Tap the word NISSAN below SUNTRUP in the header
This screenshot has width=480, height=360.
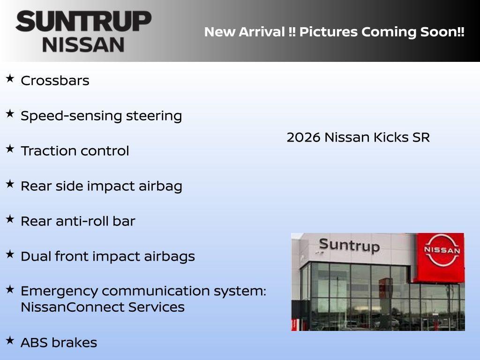[x=83, y=45]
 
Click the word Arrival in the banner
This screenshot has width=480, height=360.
[x=262, y=32]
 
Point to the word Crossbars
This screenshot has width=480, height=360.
[x=55, y=81]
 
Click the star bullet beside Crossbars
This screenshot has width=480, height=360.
[x=10, y=78]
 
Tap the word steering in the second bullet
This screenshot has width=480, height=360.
[x=154, y=116]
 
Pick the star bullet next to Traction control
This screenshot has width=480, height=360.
[x=10, y=149]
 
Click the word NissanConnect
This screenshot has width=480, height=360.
[x=72, y=307]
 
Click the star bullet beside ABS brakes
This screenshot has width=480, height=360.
[x=10, y=340]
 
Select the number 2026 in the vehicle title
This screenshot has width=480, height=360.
[x=304, y=137]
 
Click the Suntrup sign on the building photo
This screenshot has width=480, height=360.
[x=349, y=246]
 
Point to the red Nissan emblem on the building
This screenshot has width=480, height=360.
[x=442, y=250]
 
